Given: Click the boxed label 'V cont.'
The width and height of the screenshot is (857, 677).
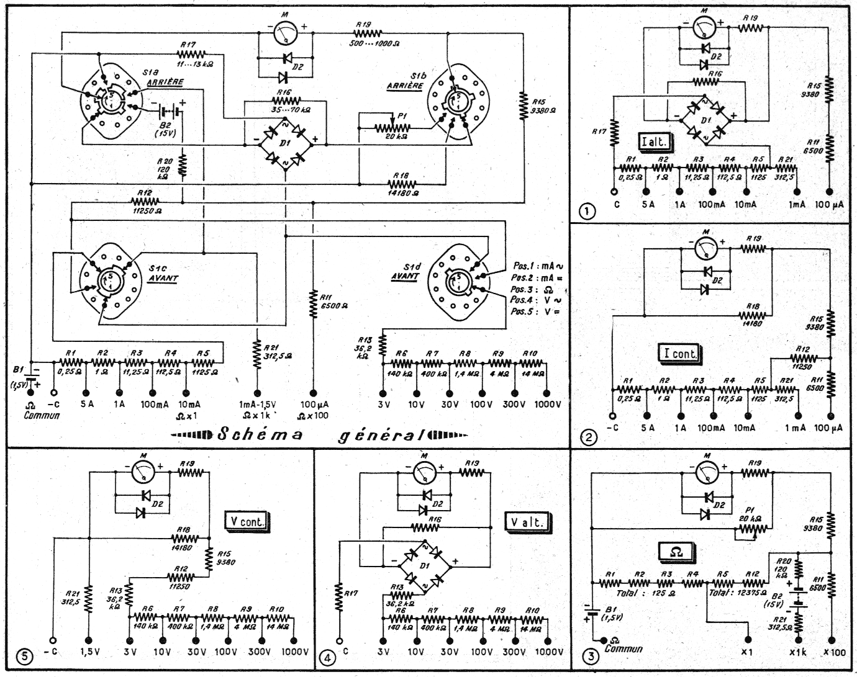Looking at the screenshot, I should (x=245, y=521).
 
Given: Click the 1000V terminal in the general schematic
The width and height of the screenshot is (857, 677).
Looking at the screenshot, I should (x=546, y=393).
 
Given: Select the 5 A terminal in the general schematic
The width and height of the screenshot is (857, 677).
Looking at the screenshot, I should (x=86, y=393).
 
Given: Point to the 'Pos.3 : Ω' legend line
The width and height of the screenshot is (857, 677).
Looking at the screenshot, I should (x=533, y=289).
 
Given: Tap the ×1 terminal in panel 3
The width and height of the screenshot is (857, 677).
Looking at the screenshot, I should (x=747, y=639).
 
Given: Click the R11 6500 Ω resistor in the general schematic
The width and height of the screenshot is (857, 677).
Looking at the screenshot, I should (x=312, y=301).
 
